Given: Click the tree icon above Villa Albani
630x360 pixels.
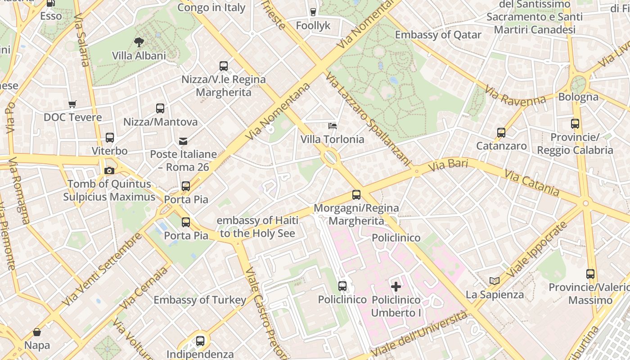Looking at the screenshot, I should [x=139, y=42].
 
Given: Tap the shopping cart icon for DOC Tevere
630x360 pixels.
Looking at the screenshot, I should [x=72, y=104].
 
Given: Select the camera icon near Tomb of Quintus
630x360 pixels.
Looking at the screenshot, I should [x=109, y=171].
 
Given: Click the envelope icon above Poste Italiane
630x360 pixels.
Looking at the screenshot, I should [x=183, y=141].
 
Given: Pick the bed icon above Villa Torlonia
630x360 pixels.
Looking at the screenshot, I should [x=333, y=126].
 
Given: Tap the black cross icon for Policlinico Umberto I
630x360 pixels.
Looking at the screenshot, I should [x=396, y=286].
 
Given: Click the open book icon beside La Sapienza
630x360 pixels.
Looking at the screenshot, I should [x=495, y=281].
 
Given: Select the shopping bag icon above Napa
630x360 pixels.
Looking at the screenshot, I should [x=37, y=332].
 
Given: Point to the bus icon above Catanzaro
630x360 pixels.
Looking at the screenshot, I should [x=501, y=132].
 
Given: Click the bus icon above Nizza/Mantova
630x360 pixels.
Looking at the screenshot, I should [x=160, y=108].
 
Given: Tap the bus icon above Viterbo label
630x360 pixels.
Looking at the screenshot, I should [x=110, y=138].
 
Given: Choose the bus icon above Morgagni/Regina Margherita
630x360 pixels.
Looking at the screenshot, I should [x=356, y=195].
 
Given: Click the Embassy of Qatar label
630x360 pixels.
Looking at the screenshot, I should [x=438, y=35].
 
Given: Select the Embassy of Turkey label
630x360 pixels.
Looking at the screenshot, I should [x=200, y=300].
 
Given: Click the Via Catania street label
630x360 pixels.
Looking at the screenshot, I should [x=531, y=182].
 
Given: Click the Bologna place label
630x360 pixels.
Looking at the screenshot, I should [x=578, y=97].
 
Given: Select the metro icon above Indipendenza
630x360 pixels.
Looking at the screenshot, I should [x=200, y=341].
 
